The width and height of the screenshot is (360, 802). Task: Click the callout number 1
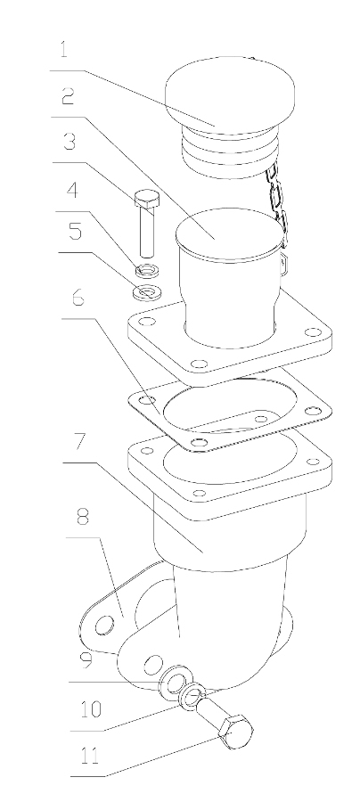(64, 50)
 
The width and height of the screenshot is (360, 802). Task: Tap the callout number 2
(68, 96)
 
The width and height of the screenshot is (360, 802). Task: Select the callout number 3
(70, 142)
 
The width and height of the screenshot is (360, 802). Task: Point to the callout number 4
(72, 191)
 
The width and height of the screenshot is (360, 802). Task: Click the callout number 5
(75, 231)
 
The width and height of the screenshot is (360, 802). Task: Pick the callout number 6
(78, 298)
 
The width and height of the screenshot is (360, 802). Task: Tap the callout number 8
(83, 517)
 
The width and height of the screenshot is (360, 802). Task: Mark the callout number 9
(85, 659)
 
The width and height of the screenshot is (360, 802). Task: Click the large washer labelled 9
(175, 681)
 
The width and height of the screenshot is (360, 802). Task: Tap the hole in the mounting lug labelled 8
(105, 624)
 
